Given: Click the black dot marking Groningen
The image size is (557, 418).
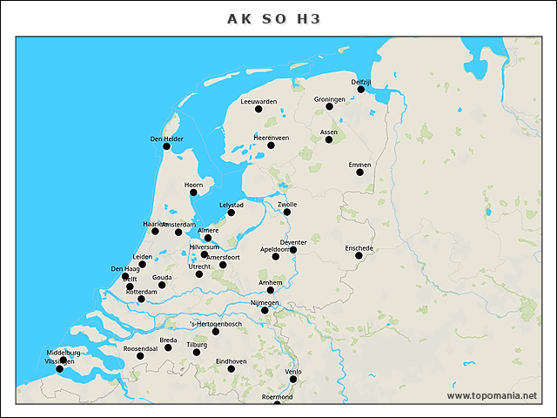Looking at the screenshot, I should click(x=329, y=106).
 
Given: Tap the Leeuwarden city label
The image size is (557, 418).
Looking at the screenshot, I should click(x=258, y=102).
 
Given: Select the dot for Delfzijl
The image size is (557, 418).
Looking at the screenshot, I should click(x=360, y=89).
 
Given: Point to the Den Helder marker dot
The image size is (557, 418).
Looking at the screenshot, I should click(x=166, y=146).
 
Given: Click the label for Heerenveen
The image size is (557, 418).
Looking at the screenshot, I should click(x=271, y=138).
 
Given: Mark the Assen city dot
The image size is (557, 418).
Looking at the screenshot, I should click(x=329, y=139).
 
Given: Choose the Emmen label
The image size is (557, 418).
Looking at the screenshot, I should click(x=359, y=165).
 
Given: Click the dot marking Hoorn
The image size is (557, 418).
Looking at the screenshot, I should click(x=193, y=192).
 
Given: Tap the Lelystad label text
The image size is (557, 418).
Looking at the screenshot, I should click(x=231, y=205).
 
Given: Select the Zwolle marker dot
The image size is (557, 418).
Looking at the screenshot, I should click(x=286, y=212).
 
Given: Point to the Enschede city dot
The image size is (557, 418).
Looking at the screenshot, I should click(x=359, y=255).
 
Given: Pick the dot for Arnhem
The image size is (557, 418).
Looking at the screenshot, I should click(x=270, y=290).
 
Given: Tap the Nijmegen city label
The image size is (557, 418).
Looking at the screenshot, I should click(x=265, y=302).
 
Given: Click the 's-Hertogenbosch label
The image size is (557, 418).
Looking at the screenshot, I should click(x=216, y=324).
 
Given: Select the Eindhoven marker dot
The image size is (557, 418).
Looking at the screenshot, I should click(x=231, y=368).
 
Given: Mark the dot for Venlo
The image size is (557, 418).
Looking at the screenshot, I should click(x=293, y=379).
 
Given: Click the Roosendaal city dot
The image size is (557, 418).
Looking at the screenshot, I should click(x=140, y=355).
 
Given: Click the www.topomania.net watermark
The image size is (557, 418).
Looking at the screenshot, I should click(x=492, y=396).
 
